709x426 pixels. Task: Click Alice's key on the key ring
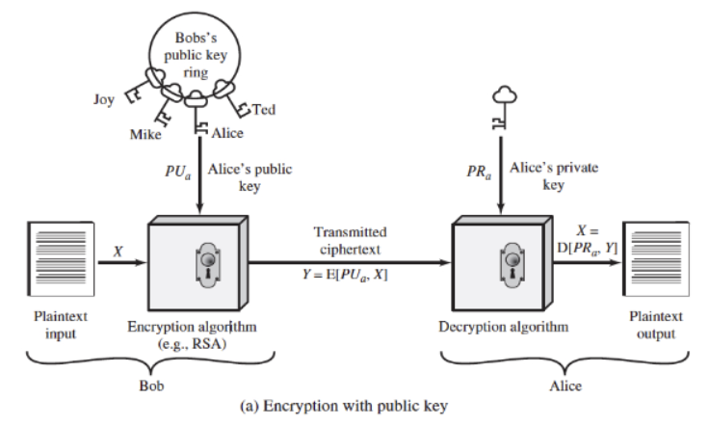point(196,115)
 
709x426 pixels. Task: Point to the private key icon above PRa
point(505,107)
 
